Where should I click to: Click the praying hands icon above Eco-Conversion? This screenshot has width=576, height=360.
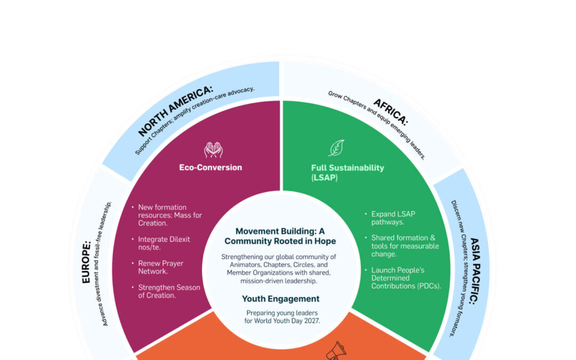pos(213,149)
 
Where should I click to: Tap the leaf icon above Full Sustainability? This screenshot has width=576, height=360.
pos(336,148)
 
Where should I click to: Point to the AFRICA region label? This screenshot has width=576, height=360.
pos(390,111)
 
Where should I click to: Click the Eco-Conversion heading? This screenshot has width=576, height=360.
pos(210,167)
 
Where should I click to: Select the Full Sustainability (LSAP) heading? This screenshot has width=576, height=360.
pos(347,172)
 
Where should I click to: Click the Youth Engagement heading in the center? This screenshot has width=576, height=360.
pos(281,299)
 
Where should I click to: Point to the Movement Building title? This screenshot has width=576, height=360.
pos(280,236)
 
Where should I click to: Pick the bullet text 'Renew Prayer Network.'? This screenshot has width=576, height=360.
pos(161,267)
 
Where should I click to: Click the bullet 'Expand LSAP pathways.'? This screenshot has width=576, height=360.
pos(393,218)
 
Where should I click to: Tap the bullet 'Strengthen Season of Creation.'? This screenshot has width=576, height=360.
pos(169,291)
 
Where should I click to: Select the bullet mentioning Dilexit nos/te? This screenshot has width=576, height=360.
pos(164,243)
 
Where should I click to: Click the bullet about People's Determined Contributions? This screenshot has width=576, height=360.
pos(406,278)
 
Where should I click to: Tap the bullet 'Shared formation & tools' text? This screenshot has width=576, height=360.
pos(405,246)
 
